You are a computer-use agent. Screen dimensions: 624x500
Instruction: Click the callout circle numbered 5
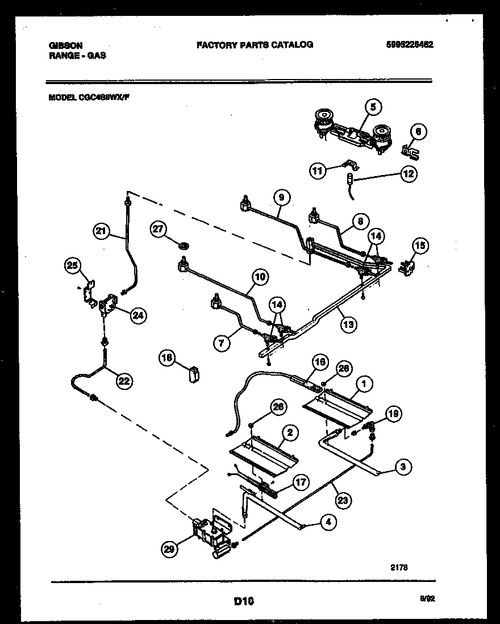click(x=373, y=106)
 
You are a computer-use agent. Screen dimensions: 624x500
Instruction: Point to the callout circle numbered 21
click(x=101, y=230)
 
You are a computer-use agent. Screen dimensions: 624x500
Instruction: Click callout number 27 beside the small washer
click(x=159, y=229)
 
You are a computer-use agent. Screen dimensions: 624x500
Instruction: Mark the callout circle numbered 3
click(x=402, y=468)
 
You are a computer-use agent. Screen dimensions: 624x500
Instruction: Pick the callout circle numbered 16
click(x=320, y=361)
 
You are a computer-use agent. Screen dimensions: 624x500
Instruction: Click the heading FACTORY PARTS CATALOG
click(x=254, y=44)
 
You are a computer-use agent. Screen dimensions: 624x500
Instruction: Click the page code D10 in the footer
click(x=243, y=600)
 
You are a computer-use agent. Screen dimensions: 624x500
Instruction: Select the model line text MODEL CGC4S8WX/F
click(x=90, y=97)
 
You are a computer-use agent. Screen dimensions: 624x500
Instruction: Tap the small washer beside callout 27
click(x=183, y=246)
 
